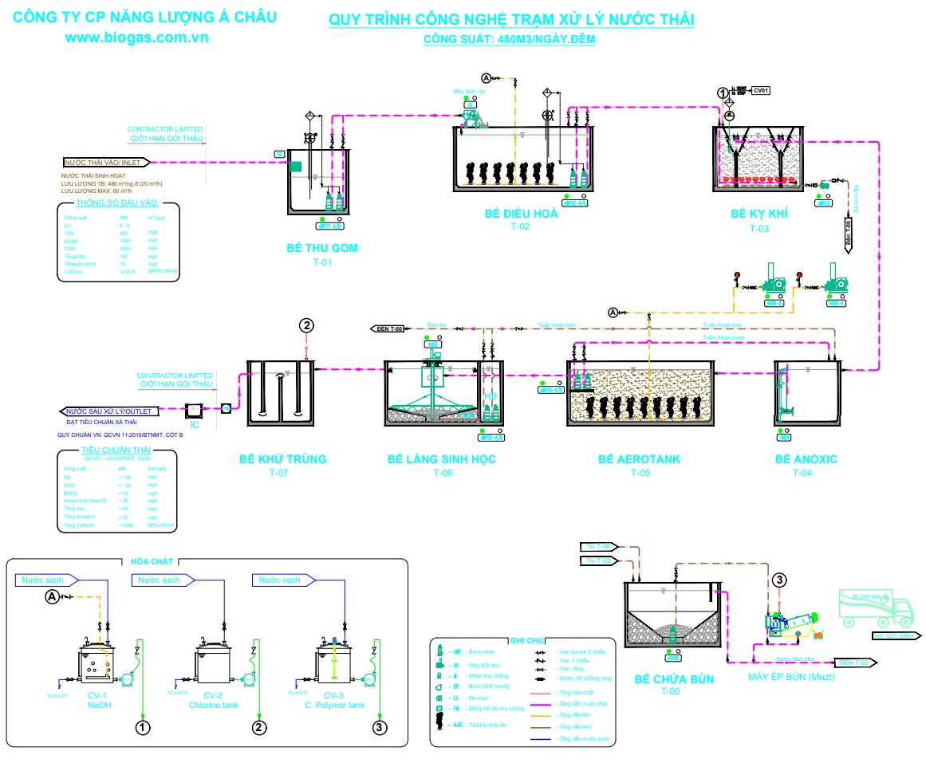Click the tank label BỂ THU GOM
pyautogui.click(x=322, y=248)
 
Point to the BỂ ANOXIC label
pyautogui.click(x=806, y=459)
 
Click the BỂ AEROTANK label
pyautogui.click(x=640, y=459)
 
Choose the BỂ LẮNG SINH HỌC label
pyautogui.click(x=442, y=459)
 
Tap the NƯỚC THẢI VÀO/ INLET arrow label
pyautogui.click(x=109, y=162)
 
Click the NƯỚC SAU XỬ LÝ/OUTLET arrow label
pyautogui.click(x=109, y=411)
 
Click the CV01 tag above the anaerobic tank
pyautogui.click(x=762, y=90)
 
